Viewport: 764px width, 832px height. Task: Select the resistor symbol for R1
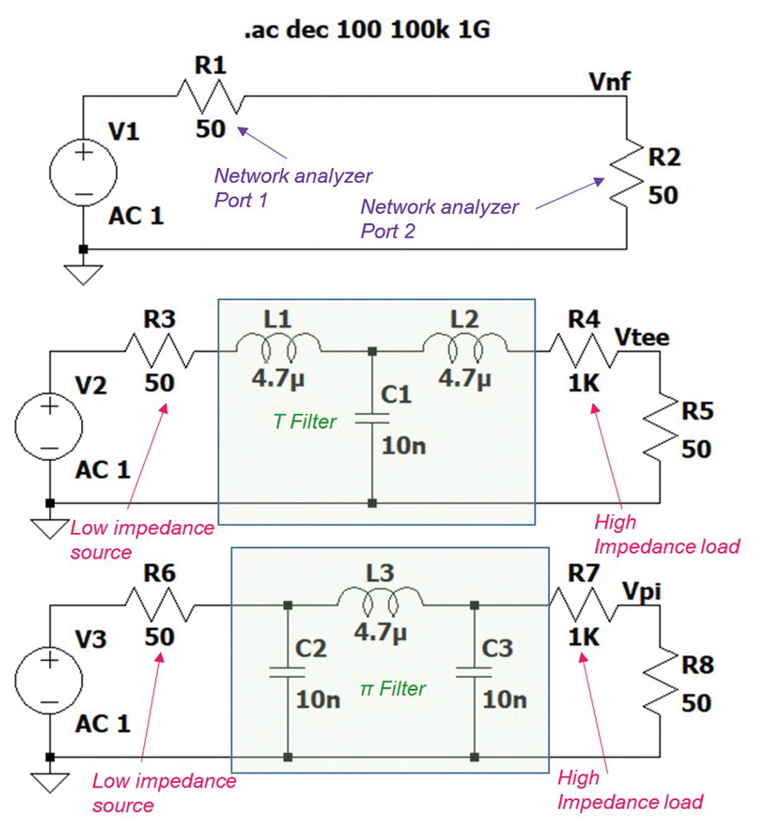(211, 95)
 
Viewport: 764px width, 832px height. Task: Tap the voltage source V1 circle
(83, 173)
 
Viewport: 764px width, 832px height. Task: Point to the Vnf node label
(609, 81)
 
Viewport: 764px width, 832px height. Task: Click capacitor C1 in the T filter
(371, 419)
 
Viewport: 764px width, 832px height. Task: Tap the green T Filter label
(305, 421)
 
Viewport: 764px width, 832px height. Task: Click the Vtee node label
(642, 337)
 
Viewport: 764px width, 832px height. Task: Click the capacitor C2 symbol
(287, 672)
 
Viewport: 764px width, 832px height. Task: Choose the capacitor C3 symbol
(474, 672)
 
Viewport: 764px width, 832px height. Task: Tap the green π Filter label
(392, 688)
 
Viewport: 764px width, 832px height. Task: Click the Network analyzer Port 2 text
(439, 218)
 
